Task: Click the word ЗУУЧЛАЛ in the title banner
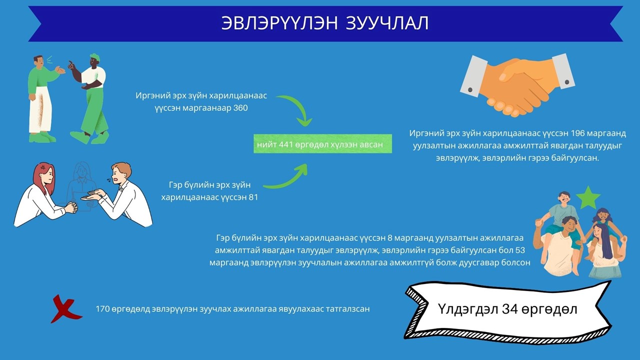387,23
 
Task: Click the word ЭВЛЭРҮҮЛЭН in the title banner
279,23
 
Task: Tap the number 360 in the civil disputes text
240,108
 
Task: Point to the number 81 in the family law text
253,197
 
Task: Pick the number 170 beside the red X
102,309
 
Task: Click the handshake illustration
517,85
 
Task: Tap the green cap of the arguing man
95,56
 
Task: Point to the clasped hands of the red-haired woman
71,207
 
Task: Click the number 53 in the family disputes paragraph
520,250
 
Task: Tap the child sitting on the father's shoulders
560,214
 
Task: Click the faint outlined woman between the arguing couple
81,185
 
